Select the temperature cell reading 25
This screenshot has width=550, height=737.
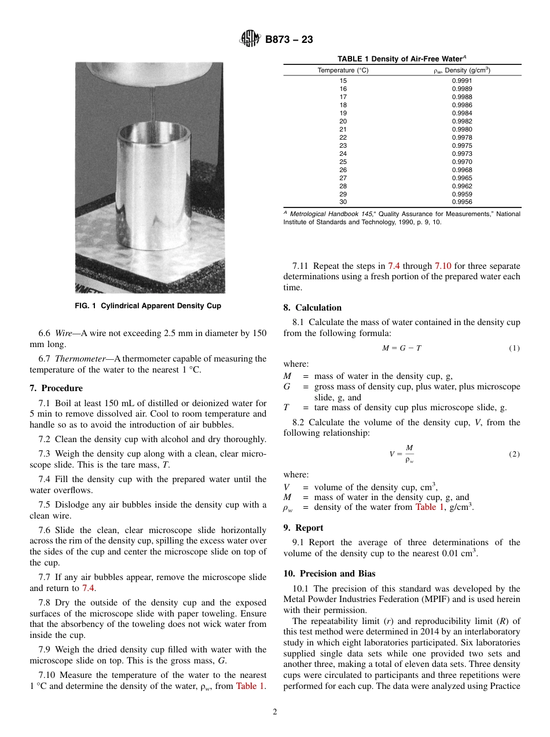point(343,162)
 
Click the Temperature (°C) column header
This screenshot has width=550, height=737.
point(343,70)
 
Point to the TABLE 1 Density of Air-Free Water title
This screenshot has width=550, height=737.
point(402,59)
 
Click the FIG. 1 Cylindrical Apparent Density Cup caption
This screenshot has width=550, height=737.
point(148,305)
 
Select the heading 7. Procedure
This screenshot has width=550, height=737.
point(56,388)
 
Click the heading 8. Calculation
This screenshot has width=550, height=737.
point(313,308)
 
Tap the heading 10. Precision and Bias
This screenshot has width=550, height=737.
point(329,574)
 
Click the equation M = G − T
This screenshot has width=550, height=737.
point(402,348)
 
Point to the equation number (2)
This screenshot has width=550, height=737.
point(514,454)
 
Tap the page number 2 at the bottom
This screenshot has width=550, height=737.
point(275,712)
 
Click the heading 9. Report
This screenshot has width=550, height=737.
point(303,528)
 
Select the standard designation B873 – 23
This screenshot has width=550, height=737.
point(289,39)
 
